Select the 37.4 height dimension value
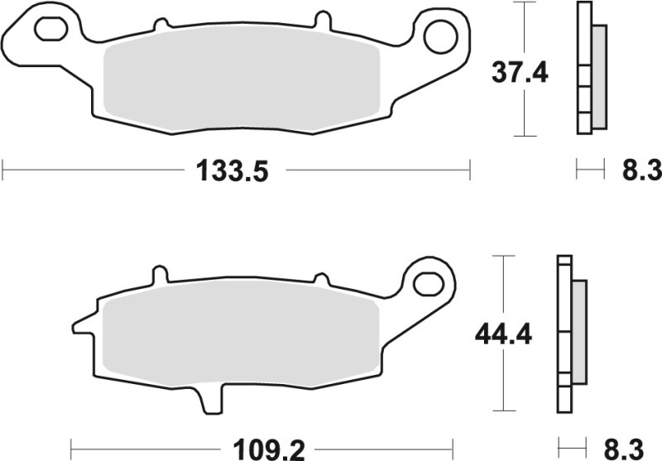pos(520,74)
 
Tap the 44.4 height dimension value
pos(501,335)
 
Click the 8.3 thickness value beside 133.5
pos(640,172)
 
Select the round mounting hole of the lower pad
pos(429,280)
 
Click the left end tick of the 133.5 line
pos(3,171)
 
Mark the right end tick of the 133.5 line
pos(470,171)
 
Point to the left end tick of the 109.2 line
pos(70,449)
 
